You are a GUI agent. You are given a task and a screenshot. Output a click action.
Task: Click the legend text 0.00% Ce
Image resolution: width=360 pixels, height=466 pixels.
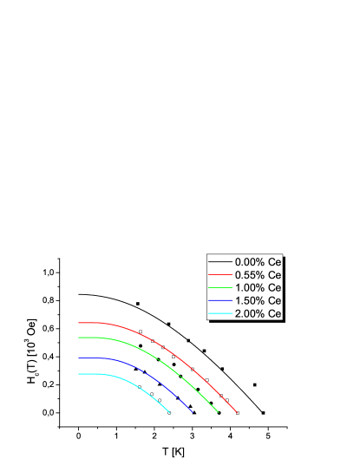[x=258, y=261]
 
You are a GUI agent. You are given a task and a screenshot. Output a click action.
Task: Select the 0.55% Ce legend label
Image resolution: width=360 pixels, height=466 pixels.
[x=258, y=274]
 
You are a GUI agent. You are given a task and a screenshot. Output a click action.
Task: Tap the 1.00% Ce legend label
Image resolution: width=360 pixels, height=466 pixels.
[x=258, y=287]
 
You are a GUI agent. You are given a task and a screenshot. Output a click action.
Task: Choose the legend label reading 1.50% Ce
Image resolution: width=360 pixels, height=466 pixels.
[x=258, y=300]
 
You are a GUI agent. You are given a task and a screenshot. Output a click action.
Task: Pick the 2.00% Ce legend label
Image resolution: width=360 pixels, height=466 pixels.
[x=258, y=313]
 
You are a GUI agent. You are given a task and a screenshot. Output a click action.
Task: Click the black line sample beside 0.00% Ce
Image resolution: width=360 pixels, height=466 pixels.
[x=220, y=261]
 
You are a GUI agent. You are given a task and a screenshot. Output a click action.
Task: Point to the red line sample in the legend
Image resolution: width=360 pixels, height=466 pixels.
[x=220, y=274]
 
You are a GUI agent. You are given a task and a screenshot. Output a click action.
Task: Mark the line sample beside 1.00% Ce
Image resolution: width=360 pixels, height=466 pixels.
[x=220, y=287]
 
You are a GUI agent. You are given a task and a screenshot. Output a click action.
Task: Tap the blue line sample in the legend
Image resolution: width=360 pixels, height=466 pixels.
[x=220, y=300]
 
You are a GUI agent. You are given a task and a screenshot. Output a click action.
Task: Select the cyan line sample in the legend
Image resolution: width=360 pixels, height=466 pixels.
[x=220, y=313]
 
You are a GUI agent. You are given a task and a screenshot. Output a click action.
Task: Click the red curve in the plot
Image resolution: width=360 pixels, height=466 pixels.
[x=104, y=324]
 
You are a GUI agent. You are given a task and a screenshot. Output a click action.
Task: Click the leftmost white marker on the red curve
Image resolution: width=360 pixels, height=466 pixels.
[x=141, y=331]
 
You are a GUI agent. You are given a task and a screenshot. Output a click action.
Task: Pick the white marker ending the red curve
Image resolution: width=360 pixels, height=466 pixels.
[x=237, y=413]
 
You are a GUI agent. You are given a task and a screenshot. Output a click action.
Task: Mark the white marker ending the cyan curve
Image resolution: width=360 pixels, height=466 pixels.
[x=168, y=413]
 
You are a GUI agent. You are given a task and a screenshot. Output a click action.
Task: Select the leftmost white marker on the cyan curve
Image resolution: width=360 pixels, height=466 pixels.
[x=139, y=386]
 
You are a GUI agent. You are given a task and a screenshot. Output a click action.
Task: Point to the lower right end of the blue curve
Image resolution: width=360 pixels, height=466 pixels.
[x=192, y=412]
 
